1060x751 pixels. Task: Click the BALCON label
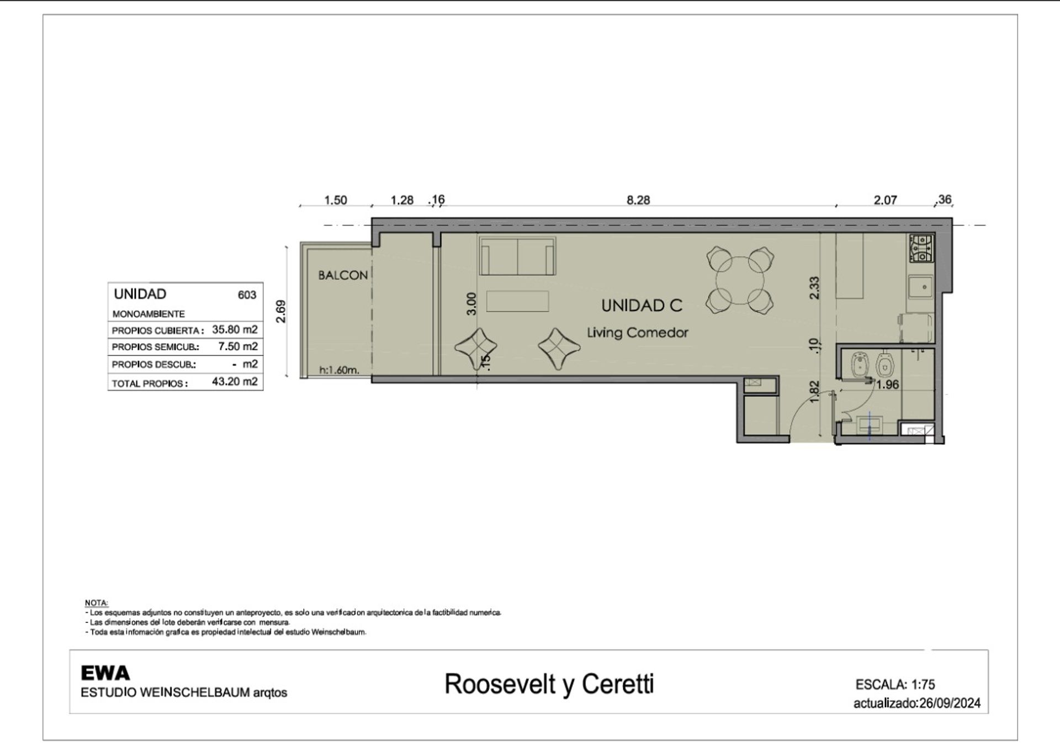click(x=343, y=275)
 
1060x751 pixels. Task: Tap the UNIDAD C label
click(x=642, y=306)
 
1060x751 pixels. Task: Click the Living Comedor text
click(x=638, y=333)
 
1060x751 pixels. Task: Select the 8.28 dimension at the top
click(x=638, y=200)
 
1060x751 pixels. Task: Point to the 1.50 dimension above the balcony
click(x=336, y=200)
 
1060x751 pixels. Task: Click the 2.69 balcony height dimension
click(x=281, y=311)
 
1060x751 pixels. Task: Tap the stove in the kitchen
click(x=921, y=248)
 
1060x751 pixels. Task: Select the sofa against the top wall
click(x=517, y=256)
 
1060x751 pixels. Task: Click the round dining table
click(x=740, y=281)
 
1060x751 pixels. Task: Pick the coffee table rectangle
click(x=517, y=301)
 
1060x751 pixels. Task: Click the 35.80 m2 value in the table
click(x=235, y=329)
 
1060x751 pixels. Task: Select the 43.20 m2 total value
click(x=235, y=381)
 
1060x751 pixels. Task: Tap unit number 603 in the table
click(x=247, y=295)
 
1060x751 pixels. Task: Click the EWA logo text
click(x=105, y=673)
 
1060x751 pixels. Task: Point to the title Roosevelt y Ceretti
click(x=549, y=684)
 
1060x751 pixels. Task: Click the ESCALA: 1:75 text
click(x=895, y=685)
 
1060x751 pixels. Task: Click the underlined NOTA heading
click(x=97, y=603)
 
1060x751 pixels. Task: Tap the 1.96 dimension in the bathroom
click(x=888, y=385)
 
